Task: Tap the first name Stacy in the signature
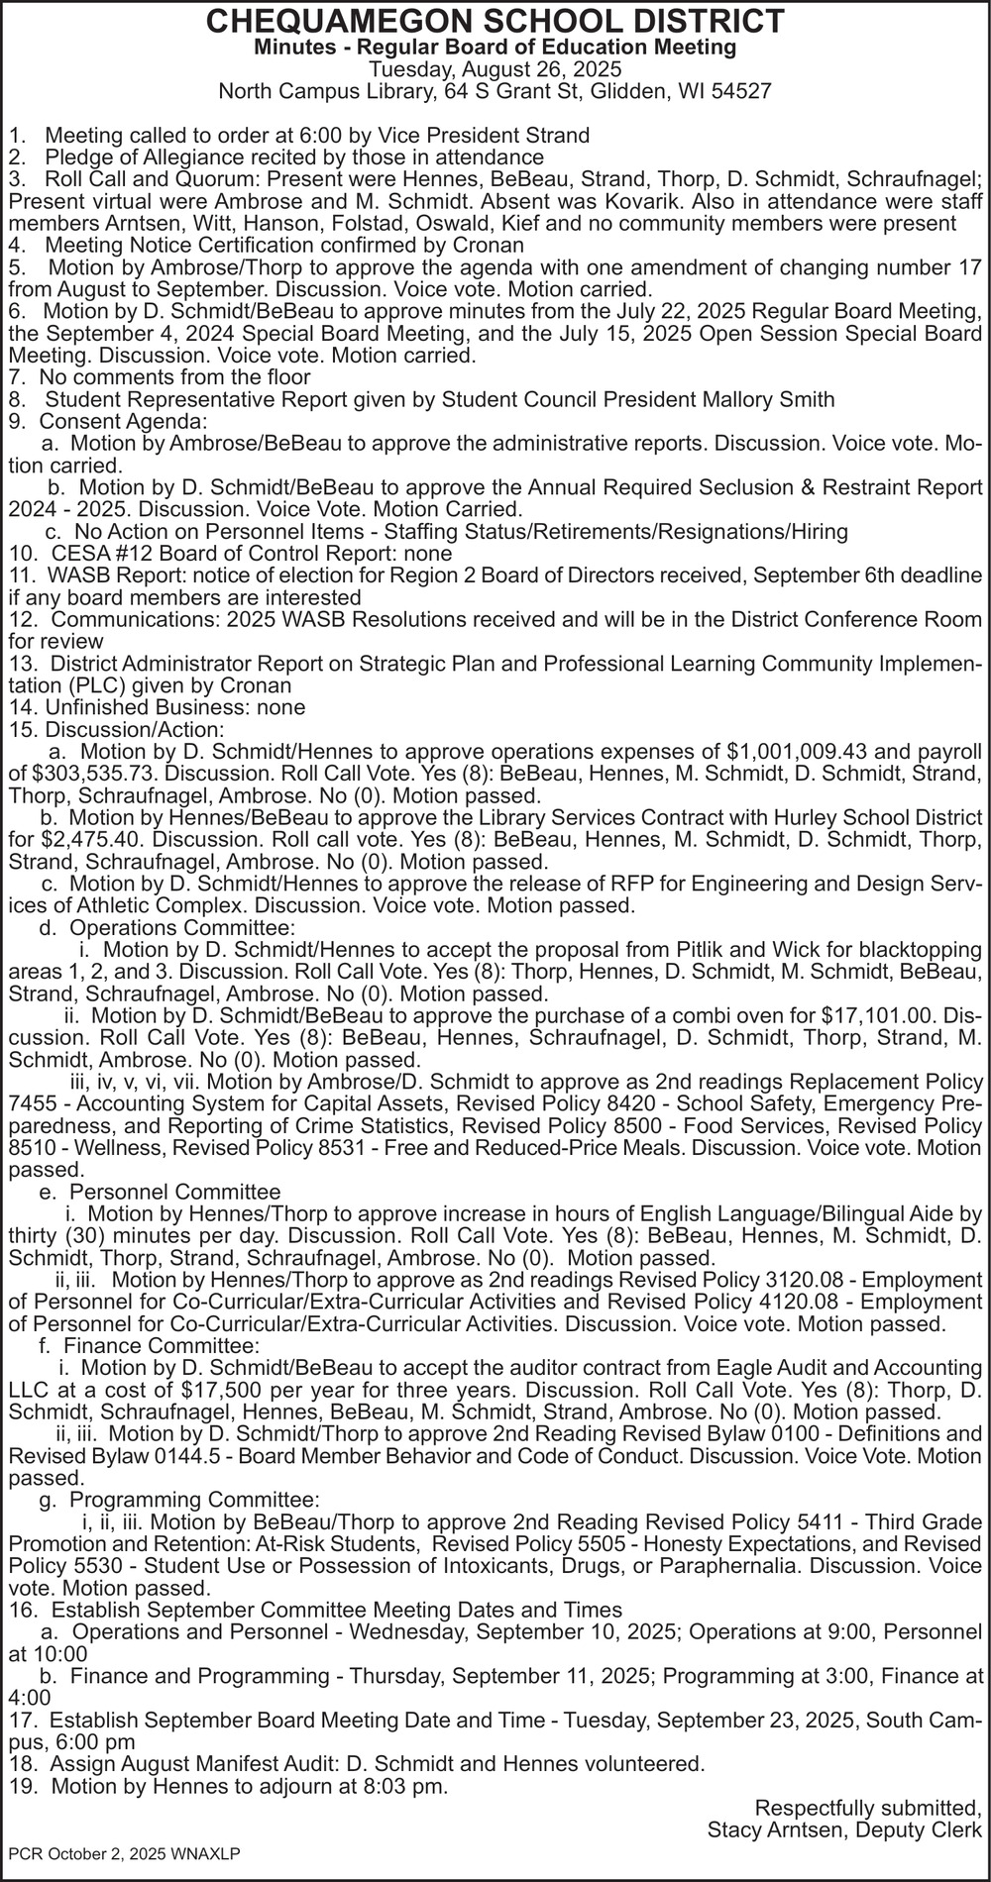pos(734,1830)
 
